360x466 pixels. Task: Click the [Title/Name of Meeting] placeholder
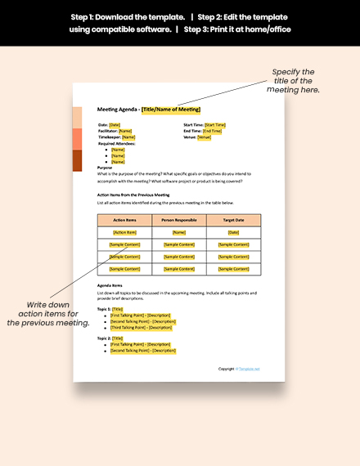coord(171,110)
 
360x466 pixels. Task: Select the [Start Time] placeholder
coord(215,124)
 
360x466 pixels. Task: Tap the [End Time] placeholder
coord(212,131)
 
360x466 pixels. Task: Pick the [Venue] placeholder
coord(204,137)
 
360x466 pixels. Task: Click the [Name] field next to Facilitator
coord(125,131)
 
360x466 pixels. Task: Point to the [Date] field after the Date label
coord(115,124)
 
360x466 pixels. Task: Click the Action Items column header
coord(124,220)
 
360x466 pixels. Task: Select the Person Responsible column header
coord(179,220)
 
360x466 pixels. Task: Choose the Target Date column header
coord(233,220)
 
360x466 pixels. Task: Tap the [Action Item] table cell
coord(124,232)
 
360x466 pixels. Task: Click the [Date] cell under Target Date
coord(233,232)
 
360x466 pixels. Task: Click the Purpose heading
coord(105,168)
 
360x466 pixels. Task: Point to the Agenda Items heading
coord(110,285)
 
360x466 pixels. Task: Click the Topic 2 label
coord(104,338)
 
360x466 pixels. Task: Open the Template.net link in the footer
coord(249,369)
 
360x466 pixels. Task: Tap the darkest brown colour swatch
coord(77,160)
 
